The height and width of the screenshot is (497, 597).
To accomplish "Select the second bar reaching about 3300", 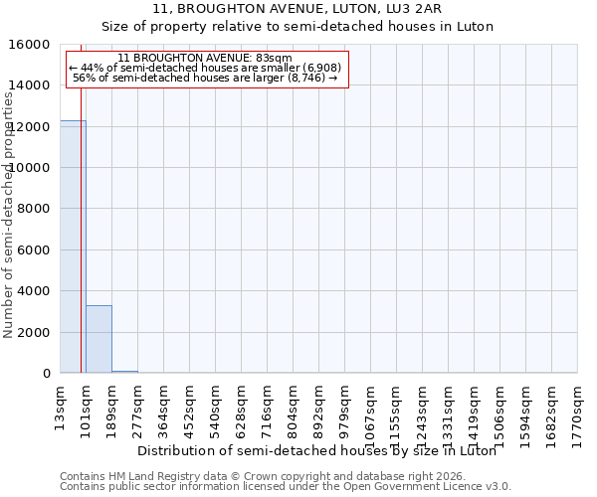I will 99,339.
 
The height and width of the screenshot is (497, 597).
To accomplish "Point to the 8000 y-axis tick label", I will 34,209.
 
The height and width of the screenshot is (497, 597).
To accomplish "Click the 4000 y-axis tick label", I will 34,291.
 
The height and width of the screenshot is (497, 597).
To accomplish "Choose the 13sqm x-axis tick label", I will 61,406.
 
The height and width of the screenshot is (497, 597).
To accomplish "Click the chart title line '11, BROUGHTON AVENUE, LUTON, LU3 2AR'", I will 298,9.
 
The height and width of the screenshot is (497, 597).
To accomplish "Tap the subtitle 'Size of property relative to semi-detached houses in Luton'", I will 298,27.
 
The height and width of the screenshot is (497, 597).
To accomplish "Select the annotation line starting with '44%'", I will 205,68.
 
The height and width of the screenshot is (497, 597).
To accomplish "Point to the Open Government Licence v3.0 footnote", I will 286,486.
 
